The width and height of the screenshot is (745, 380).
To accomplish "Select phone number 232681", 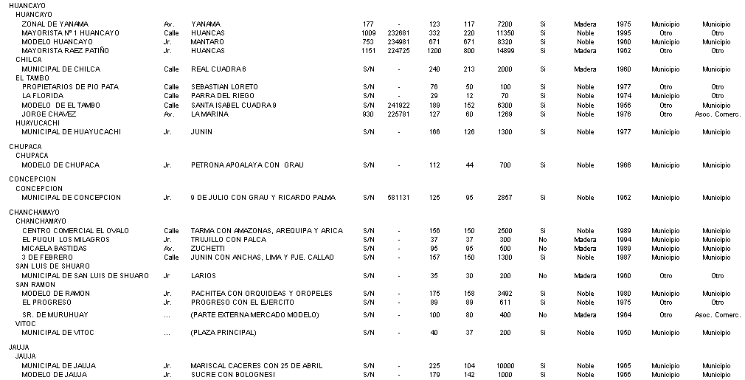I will tap(398, 33).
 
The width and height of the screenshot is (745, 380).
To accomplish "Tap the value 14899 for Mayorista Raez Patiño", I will tap(505, 51).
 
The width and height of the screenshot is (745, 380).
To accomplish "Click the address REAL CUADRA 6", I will tap(218, 69).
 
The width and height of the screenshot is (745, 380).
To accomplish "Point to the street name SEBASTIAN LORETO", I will tap(224, 87).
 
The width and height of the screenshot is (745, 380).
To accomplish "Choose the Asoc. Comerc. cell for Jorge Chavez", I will tap(717, 114).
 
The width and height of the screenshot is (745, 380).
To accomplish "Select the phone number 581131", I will tap(398, 198).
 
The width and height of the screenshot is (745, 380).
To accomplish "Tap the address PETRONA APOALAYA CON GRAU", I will tap(247, 165).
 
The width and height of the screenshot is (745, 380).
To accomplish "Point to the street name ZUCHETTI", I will tap(207, 249).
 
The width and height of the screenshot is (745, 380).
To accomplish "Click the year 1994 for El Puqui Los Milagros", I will tap(623, 240).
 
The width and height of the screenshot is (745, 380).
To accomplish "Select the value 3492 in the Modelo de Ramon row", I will tap(505, 294).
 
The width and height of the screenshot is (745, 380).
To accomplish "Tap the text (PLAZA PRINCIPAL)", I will tap(223, 333).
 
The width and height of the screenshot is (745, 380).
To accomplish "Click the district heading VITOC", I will tap(26, 324).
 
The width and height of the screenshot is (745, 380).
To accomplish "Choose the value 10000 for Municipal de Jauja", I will tap(505, 366).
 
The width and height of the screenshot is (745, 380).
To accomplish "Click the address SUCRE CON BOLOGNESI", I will tap(232, 375).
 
